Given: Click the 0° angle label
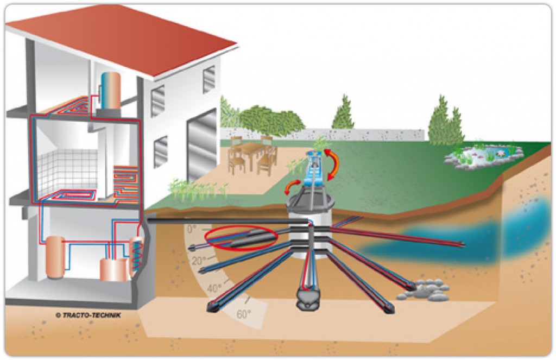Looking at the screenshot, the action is point(192,229).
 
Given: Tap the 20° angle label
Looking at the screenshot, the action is point(199,261).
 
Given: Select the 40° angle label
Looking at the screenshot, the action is point(214,288).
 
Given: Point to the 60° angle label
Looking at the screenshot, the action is point(244,314).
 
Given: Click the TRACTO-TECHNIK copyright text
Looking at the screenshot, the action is point(88,315).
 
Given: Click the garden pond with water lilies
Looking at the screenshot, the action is point(484,155).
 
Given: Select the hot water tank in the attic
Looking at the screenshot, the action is point(110,91).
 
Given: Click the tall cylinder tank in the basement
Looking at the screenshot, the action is point(55,257).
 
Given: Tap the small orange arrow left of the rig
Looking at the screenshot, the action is point(291,187).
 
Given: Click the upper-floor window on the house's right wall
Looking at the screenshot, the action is point(208,80).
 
